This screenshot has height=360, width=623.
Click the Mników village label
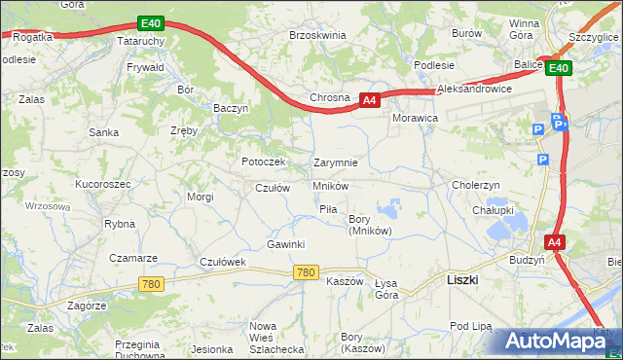[x=331, y=185]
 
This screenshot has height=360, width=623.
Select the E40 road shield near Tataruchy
[x=150, y=22]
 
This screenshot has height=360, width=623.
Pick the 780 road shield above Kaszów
[x=306, y=273]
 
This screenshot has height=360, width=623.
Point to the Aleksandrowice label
[x=475, y=89]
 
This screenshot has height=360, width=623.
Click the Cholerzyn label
[x=476, y=185]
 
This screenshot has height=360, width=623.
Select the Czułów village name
[x=273, y=188]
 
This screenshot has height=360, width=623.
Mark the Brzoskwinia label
[x=317, y=35]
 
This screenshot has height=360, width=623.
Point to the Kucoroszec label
[x=102, y=183]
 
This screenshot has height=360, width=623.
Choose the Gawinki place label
[x=286, y=244]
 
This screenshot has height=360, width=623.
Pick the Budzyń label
[x=527, y=261]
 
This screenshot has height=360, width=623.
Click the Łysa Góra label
[x=386, y=288]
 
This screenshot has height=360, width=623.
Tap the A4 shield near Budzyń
[x=553, y=242]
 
